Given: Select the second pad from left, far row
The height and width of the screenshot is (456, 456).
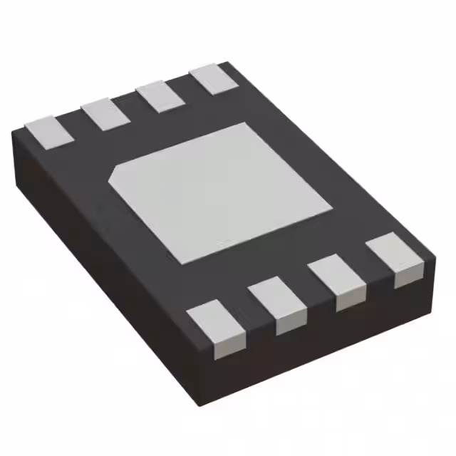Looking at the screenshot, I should pyautogui.click(x=105, y=114).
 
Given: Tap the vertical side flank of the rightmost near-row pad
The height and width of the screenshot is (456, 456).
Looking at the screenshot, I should pyautogui.click(x=406, y=278).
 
